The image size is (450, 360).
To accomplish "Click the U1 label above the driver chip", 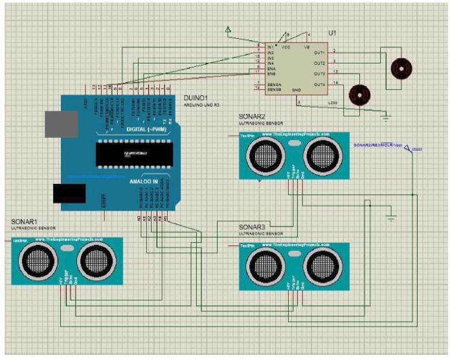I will pyautogui.click(x=333, y=32).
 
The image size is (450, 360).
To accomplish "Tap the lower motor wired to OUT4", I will pyautogui.click(x=359, y=95).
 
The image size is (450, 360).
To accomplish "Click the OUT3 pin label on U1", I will pyautogui.click(x=319, y=74).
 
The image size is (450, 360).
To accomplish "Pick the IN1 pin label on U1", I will pyautogui.click(x=270, y=47).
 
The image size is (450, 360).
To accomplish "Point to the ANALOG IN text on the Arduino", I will pyautogui.click(x=144, y=182).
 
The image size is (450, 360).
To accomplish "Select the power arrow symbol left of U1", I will pyautogui.click(x=228, y=30).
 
